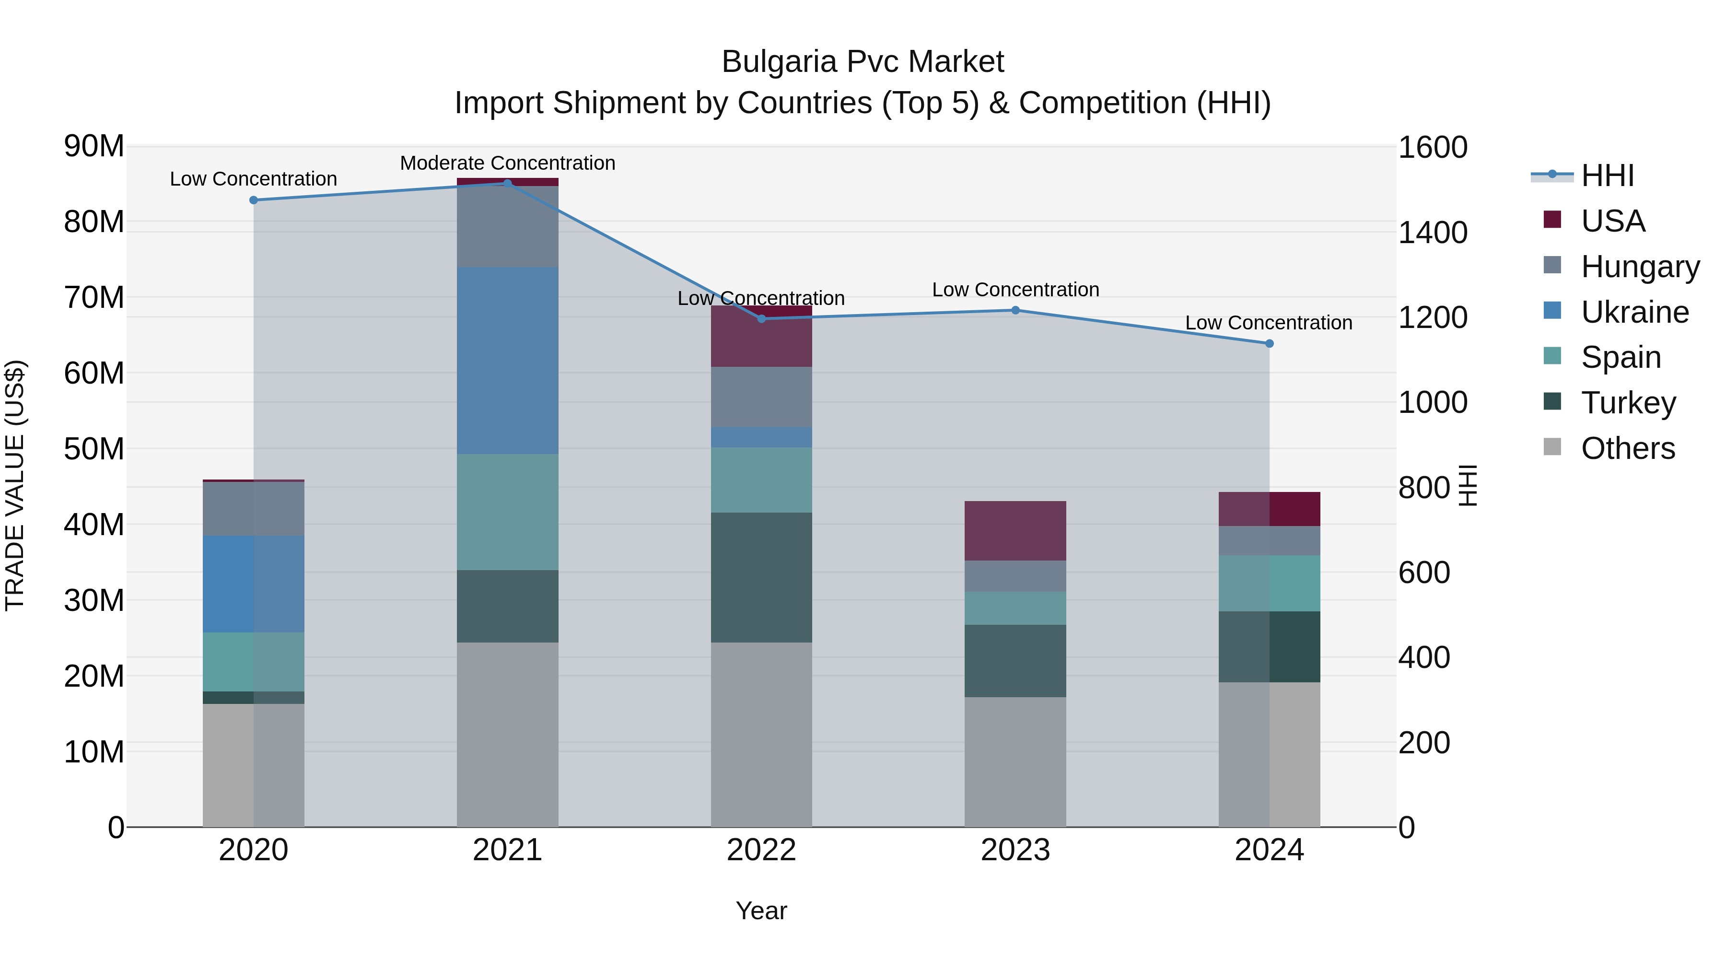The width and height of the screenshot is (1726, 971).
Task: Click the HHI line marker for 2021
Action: (x=507, y=183)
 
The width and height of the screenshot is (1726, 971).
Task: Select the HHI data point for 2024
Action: (x=1269, y=344)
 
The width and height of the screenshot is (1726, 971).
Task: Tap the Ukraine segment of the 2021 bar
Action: (x=507, y=361)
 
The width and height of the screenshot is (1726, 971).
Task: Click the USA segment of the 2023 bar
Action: (x=1015, y=531)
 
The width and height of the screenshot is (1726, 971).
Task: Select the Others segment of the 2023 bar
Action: (x=1015, y=762)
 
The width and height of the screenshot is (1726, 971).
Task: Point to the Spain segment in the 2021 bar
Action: (x=507, y=512)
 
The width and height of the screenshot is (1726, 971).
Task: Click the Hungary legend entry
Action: (x=1640, y=266)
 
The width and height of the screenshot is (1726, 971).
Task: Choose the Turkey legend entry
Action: (x=1628, y=403)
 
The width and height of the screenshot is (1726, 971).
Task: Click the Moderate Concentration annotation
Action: (x=507, y=163)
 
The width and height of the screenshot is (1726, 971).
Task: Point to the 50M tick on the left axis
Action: (x=94, y=448)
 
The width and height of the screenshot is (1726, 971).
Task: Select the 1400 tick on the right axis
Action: (x=1433, y=233)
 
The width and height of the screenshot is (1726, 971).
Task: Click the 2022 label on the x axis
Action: (x=761, y=850)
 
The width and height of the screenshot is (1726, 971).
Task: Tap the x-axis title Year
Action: (x=761, y=911)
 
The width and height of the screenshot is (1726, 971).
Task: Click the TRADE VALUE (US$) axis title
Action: (x=15, y=486)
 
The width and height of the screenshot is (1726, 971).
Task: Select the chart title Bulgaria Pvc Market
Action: (x=863, y=62)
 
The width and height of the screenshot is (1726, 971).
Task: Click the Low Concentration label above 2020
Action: (x=253, y=179)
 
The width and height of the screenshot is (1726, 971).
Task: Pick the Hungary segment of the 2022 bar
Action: (x=761, y=397)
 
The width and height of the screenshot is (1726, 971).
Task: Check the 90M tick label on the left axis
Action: (x=94, y=146)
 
